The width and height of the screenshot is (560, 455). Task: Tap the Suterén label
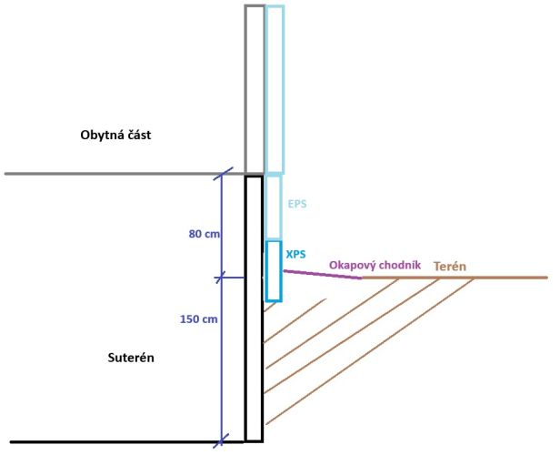[125, 357]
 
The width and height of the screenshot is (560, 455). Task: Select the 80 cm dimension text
[205, 234]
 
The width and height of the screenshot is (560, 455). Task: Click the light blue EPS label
[296, 204]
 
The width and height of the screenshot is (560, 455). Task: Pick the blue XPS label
[295, 255]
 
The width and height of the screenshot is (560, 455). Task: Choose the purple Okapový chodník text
[375, 264]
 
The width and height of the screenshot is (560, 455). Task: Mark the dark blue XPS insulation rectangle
[273, 271]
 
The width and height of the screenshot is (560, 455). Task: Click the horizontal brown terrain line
[455, 278]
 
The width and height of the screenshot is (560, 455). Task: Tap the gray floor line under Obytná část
[118, 174]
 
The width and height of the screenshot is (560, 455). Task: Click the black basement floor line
[118, 443]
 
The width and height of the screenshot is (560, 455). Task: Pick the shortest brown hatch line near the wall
[269, 308]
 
